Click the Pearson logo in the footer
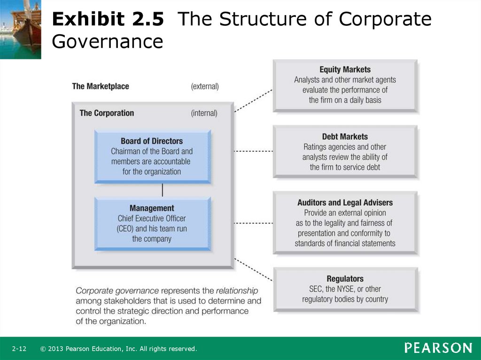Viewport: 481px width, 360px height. tap(438, 348)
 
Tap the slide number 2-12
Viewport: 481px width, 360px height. tap(19, 349)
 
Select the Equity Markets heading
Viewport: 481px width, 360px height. tap(345, 69)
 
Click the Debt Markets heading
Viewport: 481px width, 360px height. tap(345, 137)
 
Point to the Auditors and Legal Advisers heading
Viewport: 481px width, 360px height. tap(345, 202)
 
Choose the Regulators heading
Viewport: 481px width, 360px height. tap(345, 278)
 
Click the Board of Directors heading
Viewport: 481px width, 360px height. tap(152, 141)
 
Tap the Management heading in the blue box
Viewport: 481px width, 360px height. tap(152, 208)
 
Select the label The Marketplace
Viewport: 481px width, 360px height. tap(101, 86)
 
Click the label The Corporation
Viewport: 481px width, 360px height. tap(107, 113)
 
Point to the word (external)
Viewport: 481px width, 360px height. tap(205, 86)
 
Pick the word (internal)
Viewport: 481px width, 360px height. tap(204, 113)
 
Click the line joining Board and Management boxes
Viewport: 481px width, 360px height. tap(162, 190)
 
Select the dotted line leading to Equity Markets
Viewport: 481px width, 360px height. tap(253, 100)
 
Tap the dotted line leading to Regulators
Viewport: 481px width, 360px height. tap(253, 269)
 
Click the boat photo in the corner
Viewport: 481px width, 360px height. tap(21, 30)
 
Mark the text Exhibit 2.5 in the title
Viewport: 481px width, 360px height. tap(108, 19)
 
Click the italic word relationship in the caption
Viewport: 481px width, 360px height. tap(237, 291)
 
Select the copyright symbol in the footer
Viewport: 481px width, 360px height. tap(43, 349)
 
